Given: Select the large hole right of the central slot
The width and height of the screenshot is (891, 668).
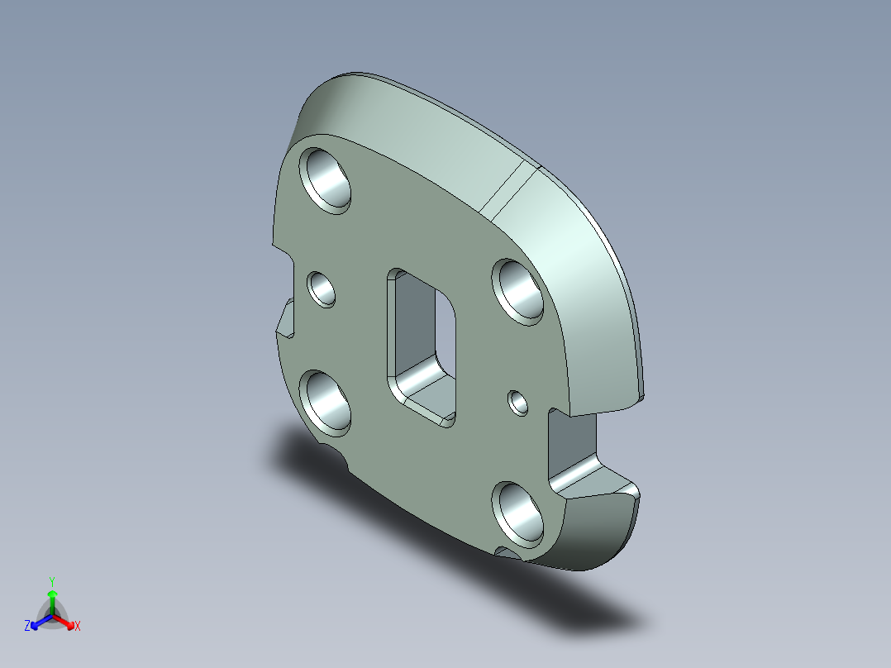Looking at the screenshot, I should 519,290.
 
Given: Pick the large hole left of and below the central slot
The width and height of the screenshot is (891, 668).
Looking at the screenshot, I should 327,402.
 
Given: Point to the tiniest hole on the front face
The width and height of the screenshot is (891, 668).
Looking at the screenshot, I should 519,403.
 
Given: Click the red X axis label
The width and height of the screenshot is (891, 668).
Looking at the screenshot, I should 78,627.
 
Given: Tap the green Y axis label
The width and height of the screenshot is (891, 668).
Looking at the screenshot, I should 51,581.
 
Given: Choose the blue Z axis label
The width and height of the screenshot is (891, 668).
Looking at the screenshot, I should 27,627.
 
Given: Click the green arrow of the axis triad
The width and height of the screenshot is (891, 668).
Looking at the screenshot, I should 51,599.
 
